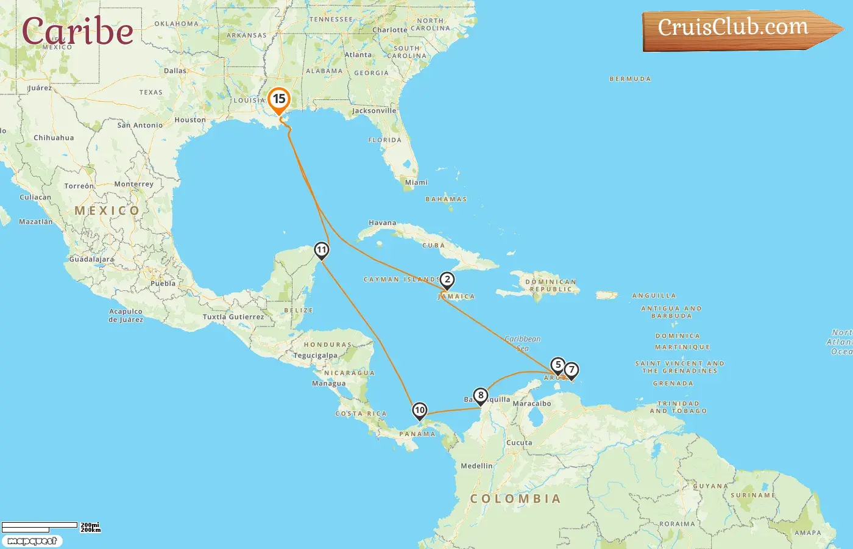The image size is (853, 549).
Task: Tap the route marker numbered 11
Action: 322,250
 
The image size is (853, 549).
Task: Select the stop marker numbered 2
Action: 447,280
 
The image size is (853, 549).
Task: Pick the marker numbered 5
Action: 557,365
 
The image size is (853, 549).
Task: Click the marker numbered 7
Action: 572,370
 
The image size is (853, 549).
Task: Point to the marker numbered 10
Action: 420,411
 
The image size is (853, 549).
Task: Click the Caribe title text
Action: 77,32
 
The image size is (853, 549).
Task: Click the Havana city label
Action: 383,223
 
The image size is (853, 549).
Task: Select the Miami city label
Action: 417,182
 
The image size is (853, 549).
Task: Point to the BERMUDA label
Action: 630,79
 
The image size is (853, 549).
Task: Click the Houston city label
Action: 190,120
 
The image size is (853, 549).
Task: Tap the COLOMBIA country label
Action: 515,499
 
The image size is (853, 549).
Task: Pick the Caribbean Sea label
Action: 523,343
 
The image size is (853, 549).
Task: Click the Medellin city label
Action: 476,466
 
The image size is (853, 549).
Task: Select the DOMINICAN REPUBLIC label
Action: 551,285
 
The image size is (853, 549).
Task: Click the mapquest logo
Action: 32,541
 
